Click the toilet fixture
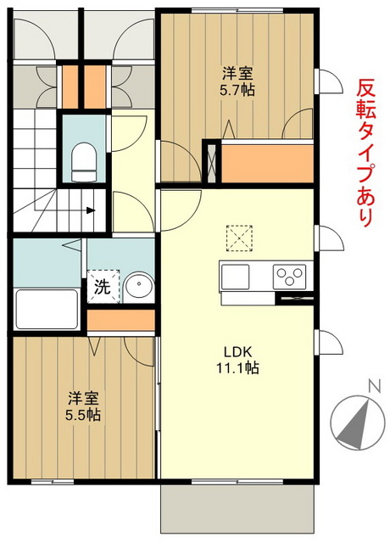pyautogui.click(x=84, y=160)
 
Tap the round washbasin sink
pyautogui.click(x=137, y=285)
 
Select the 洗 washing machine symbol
pyautogui.click(x=102, y=287)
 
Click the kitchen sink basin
pyautogui.click(x=236, y=277)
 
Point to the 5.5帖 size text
pyautogui.click(x=84, y=415)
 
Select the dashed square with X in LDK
pyautogui.click(x=239, y=237)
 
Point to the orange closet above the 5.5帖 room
pyautogui.click(x=121, y=321)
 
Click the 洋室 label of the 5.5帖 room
pyautogui.click(x=84, y=398)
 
